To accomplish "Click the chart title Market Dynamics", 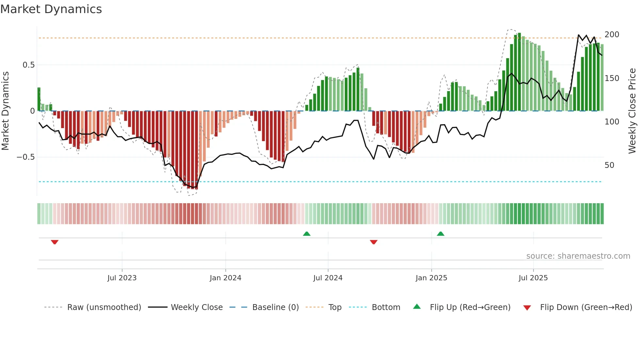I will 51,9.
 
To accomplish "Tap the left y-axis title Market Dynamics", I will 6,111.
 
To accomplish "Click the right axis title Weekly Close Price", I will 632,111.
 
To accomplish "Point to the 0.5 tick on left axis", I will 28,65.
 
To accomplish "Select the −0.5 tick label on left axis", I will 25,157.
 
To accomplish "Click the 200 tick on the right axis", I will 612,35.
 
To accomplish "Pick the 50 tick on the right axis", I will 609,165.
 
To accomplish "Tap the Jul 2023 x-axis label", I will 122,278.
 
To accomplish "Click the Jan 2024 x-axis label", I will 225,278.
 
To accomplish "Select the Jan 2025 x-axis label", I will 431,278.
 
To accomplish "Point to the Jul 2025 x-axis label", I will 533,278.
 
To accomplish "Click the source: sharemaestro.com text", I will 578,256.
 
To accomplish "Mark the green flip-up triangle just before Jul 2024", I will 307,234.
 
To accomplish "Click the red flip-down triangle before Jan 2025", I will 374,242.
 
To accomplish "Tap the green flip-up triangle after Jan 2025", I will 440,234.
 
